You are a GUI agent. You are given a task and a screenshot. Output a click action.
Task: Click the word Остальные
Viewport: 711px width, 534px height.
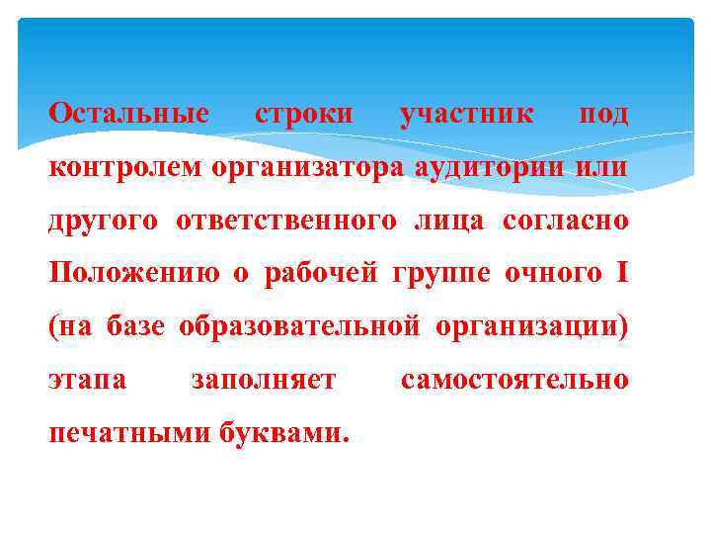pyautogui.click(x=128, y=114)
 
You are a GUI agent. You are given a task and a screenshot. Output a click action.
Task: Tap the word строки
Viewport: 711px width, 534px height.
pyautogui.click(x=303, y=114)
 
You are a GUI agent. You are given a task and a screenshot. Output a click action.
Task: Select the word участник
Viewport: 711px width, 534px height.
pyautogui.click(x=466, y=114)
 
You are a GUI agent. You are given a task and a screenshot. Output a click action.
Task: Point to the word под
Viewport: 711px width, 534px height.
pyautogui.click(x=602, y=114)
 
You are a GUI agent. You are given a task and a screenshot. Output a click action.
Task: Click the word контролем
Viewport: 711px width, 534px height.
pyautogui.click(x=125, y=167)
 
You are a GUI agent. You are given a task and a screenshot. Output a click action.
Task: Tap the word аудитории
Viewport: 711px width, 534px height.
pyautogui.click(x=491, y=167)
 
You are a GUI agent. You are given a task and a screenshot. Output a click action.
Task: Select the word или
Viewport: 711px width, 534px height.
pyautogui.click(x=602, y=167)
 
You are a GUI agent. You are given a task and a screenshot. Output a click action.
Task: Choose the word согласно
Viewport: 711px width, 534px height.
pyautogui.click(x=565, y=221)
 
